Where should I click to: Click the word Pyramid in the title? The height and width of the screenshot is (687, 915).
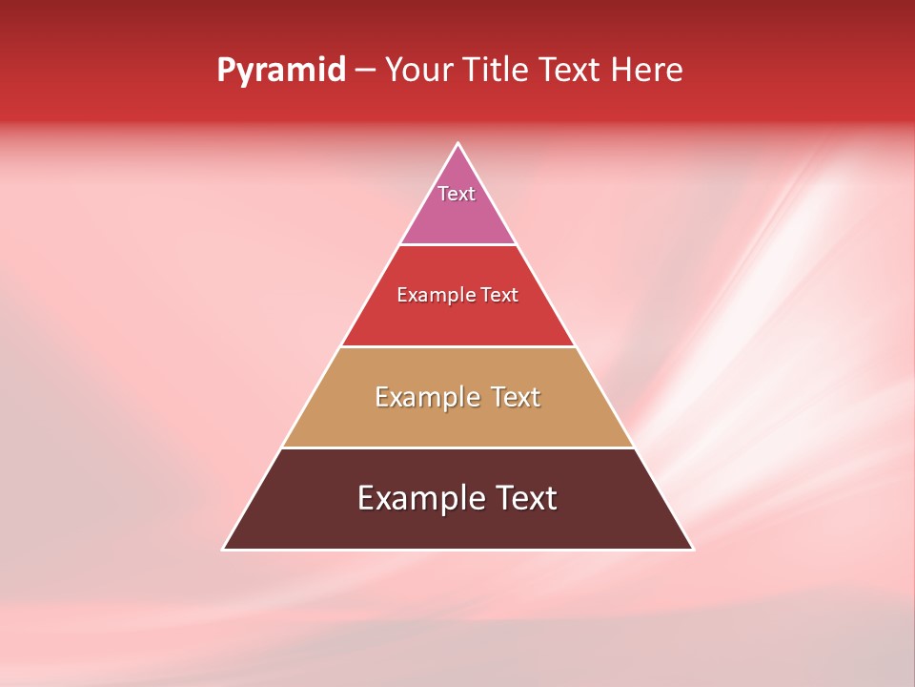coord(281,71)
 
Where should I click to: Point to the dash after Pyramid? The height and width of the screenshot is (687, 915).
coord(365,71)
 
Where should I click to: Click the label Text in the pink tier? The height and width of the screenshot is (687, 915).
coord(457,194)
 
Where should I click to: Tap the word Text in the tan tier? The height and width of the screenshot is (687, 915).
coord(516,397)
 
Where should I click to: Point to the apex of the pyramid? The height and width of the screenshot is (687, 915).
coord(457,145)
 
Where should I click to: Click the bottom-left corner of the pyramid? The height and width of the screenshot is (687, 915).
coord(225,548)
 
